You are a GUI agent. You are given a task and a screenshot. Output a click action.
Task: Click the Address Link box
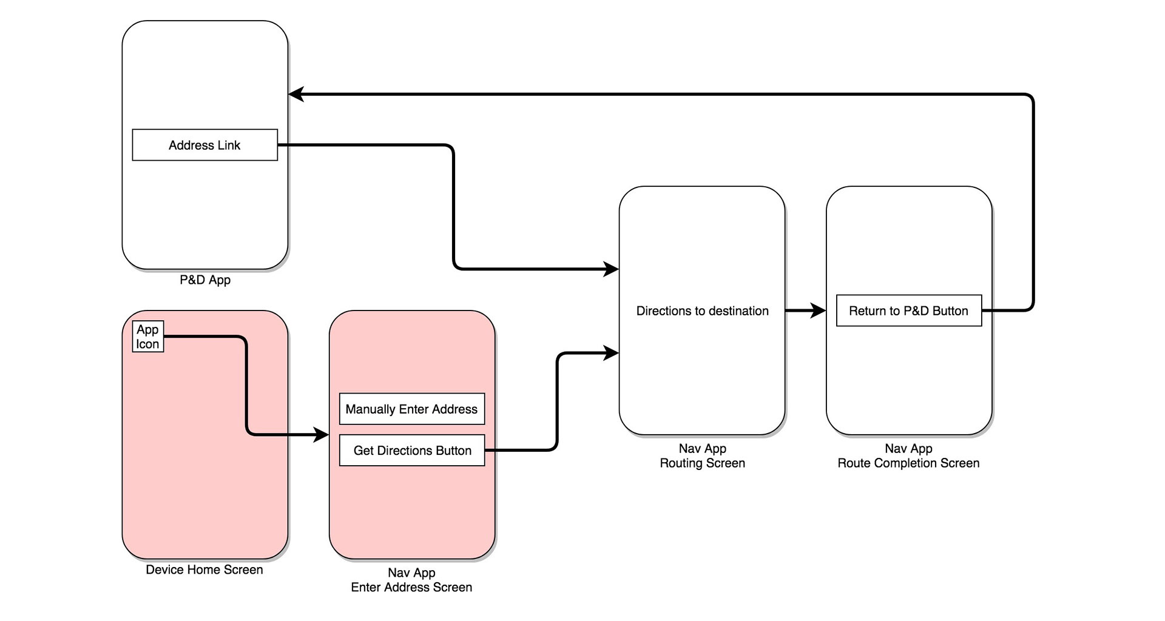[205, 145]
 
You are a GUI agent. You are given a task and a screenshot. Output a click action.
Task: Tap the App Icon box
[148, 337]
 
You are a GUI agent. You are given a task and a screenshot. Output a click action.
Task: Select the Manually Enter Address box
[412, 409]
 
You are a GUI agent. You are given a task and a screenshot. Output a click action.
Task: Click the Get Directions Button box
[412, 451]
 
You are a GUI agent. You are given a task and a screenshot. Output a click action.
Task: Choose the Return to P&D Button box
[909, 310]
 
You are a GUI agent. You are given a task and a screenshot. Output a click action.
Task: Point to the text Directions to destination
[703, 311]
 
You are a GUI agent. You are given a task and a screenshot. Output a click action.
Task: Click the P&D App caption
[205, 280]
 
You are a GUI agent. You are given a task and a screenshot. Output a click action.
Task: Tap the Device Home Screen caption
[204, 570]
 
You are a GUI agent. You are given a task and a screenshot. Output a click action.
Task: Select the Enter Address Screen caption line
[411, 588]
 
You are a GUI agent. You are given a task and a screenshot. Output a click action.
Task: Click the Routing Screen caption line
[703, 463]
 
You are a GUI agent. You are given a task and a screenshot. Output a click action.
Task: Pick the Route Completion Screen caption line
[908, 463]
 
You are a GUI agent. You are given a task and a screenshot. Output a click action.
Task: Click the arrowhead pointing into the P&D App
[296, 95]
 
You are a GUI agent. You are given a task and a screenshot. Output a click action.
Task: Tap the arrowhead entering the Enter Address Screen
[321, 435]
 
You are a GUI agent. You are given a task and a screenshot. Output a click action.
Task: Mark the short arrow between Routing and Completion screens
[806, 311]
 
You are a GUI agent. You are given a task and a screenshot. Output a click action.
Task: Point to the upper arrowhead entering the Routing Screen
[610, 269]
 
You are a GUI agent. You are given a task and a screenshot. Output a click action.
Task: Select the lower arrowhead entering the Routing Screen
[610, 352]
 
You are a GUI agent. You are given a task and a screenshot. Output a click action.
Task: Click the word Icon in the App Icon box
[147, 344]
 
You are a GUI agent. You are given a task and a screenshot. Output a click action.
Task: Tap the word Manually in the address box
[370, 410]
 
